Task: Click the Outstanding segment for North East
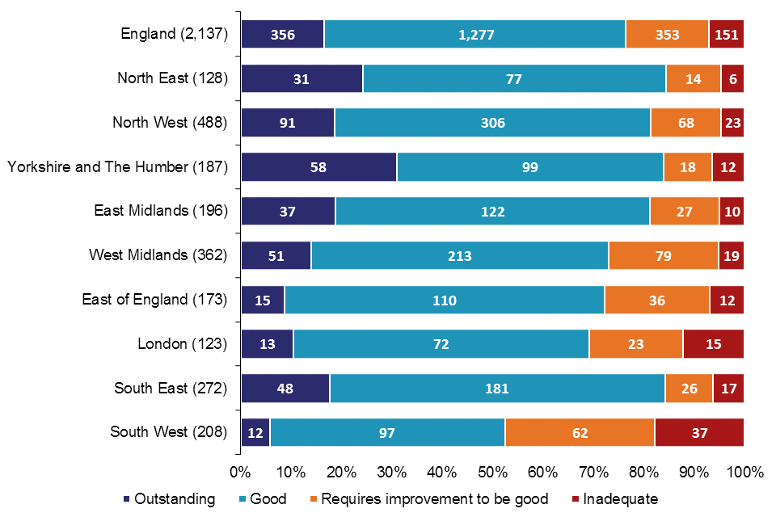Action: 302,78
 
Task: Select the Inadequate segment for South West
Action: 698,433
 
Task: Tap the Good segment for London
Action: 441,344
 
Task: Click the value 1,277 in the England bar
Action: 474,35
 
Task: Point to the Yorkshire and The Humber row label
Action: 118,167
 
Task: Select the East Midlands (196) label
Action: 161,212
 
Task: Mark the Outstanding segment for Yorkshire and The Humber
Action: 318,167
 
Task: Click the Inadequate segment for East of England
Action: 726,301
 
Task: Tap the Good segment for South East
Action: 496,389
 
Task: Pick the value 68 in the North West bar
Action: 685,123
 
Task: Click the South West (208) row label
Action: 168,433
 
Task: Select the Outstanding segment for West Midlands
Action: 276,256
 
